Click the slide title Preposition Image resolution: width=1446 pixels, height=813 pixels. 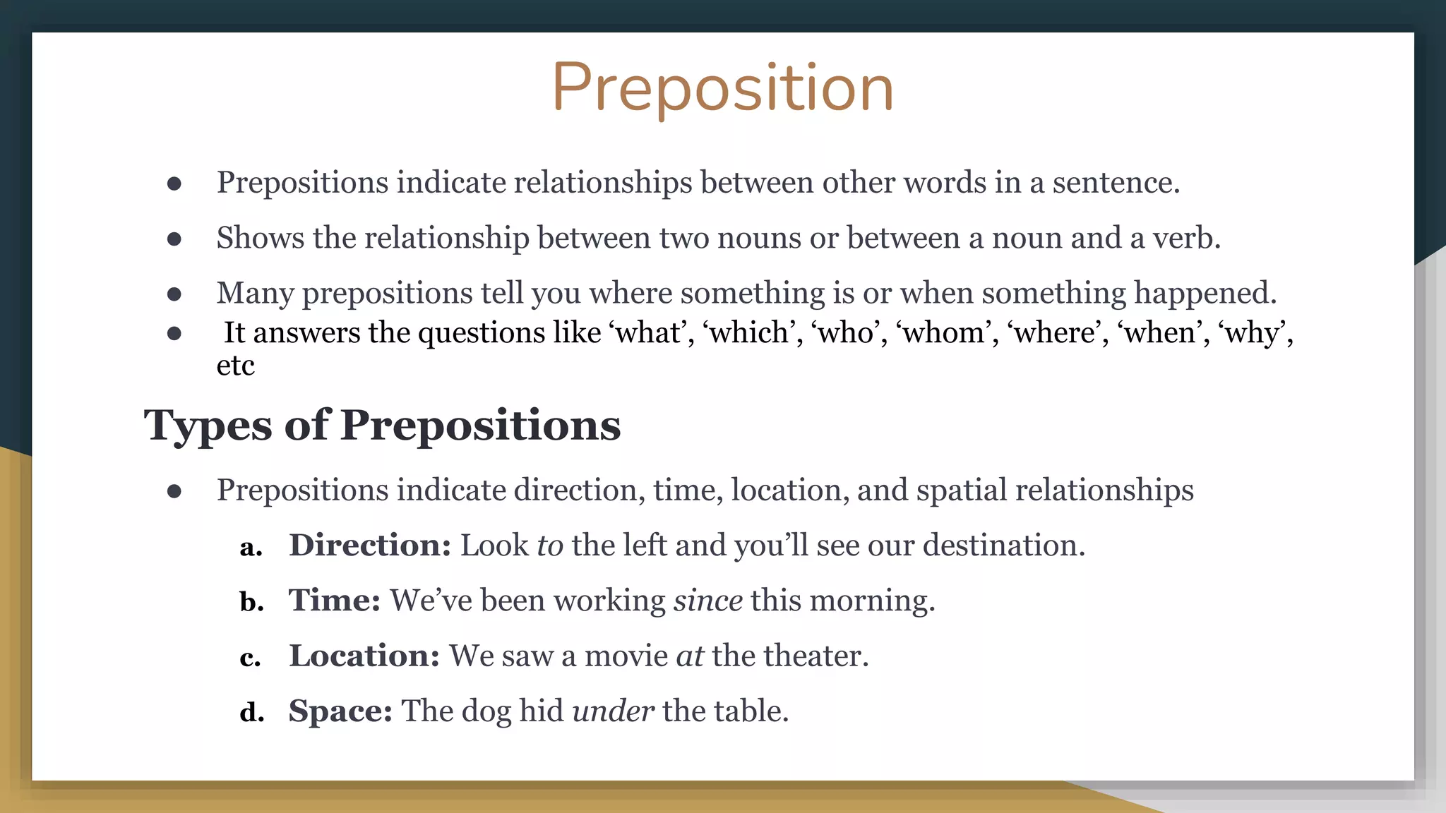(722, 88)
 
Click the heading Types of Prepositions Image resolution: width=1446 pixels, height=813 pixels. (382, 426)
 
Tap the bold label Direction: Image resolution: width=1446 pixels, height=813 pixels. (370, 546)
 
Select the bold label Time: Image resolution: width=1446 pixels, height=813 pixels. (335, 601)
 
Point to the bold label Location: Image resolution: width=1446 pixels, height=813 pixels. (364, 656)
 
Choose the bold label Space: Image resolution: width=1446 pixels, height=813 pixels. (340, 711)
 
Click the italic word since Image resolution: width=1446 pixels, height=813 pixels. (707, 601)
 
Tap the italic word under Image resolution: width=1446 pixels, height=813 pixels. (613, 711)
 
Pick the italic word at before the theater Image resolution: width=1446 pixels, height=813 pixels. (690, 656)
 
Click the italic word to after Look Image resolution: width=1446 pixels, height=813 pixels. (550, 546)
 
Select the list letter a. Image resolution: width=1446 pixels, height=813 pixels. (251, 547)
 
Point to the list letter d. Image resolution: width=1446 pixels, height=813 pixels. (252, 711)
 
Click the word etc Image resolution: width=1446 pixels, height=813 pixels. (235, 366)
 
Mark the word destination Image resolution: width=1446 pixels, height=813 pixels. (1003, 546)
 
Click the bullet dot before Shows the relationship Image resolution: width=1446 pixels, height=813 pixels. (174, 239)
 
